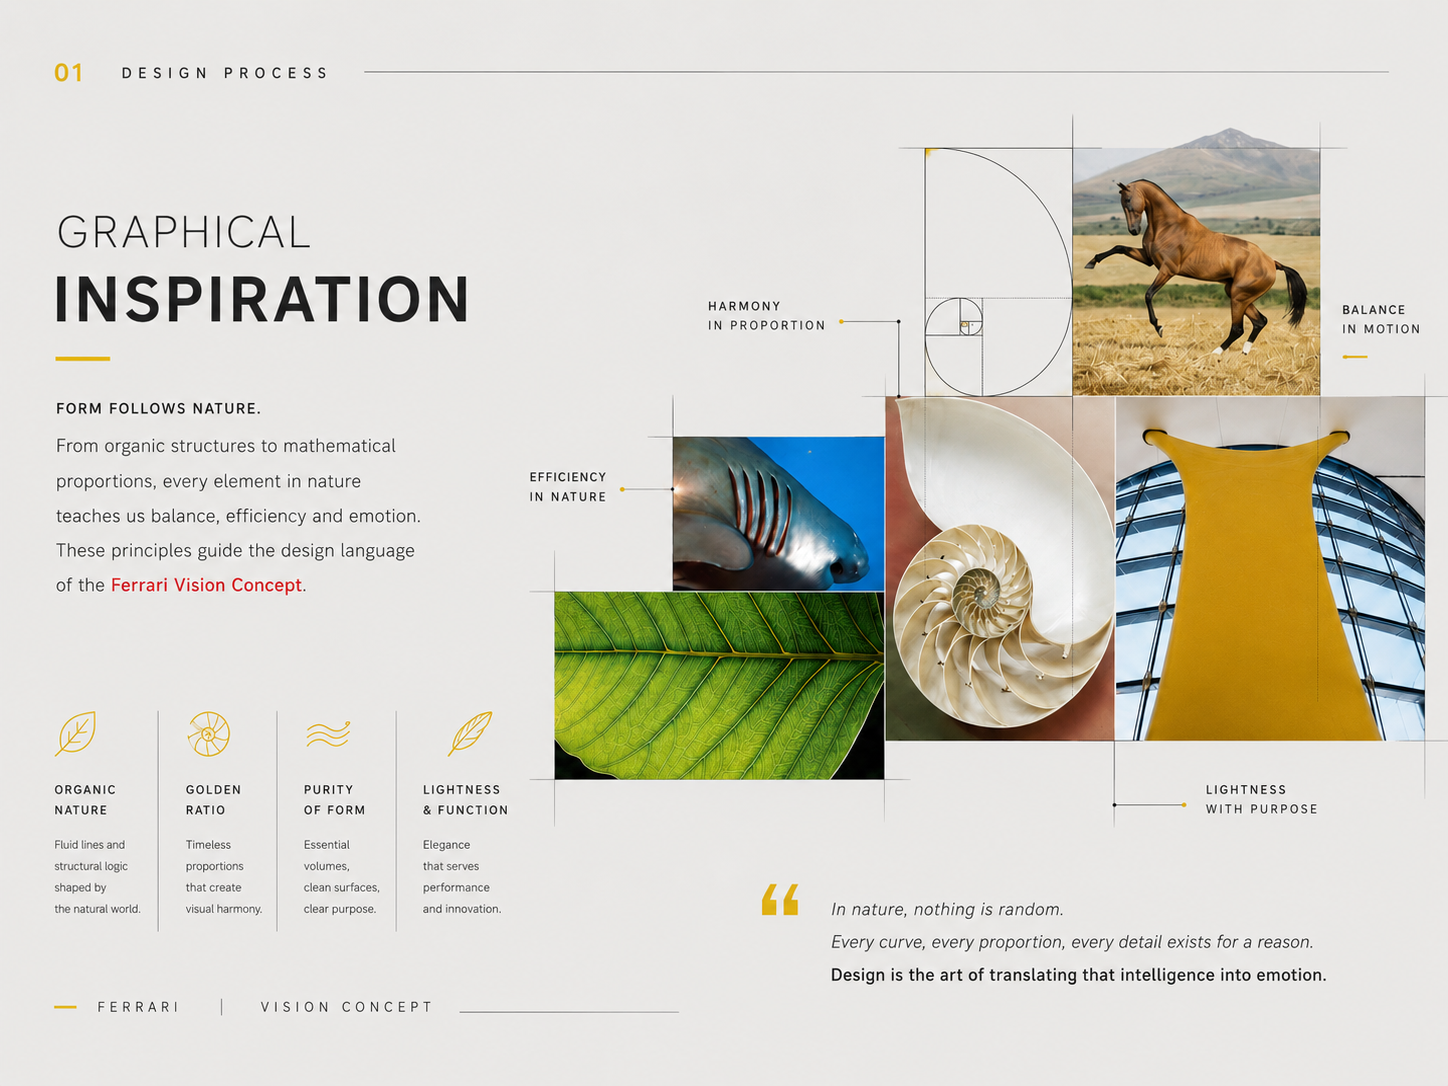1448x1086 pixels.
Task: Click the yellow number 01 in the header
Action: (x=69, y=73)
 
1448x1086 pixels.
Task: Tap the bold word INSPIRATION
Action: (x=263, y=299)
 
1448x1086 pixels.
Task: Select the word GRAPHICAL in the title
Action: (x=183, y=232)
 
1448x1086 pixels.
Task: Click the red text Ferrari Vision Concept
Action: (x=206, y=585)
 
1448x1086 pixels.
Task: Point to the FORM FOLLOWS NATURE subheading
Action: (x=158, y=409)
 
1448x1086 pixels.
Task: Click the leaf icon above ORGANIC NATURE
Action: (x=76, y=733)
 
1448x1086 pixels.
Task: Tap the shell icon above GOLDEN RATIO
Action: (x=208, y=734)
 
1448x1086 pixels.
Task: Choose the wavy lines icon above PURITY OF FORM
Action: (x=328, y=734)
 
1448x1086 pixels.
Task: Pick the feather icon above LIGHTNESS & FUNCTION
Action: (x=470, y=733)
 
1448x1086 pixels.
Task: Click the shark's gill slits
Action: (x=759, y=508)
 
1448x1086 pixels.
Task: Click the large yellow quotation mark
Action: (x=780, y=900)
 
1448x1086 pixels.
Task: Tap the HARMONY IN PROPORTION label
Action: (x=767, y=316)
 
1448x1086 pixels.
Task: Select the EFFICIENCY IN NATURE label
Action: (x=567, y=487)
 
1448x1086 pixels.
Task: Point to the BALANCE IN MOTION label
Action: (x=1381, y=319)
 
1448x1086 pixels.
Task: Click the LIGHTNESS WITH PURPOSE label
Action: (x=1261, y=799)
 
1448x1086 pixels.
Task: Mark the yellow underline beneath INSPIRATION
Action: (x=82, y=359)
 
